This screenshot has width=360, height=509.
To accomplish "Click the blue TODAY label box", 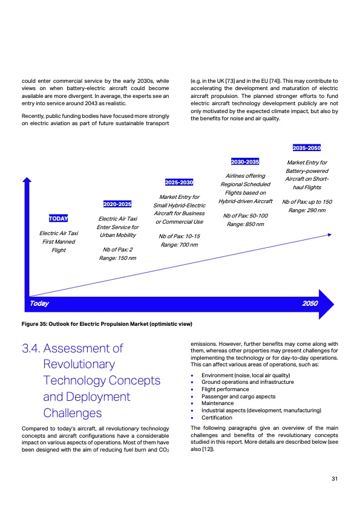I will click(x=58, y=218).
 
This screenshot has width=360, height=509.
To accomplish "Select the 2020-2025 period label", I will click(x=118, y=204).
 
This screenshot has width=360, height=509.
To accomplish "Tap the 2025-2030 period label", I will click(x=178, y=183).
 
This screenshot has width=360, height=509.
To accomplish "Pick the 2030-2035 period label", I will click(x=245, y=161).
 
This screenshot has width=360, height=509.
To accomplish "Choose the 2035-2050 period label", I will click(x=306, y=148).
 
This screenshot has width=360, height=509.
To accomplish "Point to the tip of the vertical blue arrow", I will click(x=26, y=180).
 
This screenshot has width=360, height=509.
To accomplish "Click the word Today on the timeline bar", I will click(x=39, y=303).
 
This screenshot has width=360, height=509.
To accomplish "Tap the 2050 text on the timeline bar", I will click(x=309, y=303).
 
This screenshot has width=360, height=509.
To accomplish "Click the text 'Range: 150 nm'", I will click(x=117, y=258).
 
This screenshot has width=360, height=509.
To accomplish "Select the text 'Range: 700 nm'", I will click(x=178, y=244).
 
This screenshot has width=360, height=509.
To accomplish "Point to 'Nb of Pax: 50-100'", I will click(x=245, y=215).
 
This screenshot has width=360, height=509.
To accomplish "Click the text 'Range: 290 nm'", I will click(x=307, y=210).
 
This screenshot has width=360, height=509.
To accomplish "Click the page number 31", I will click(x=335, y=479).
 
